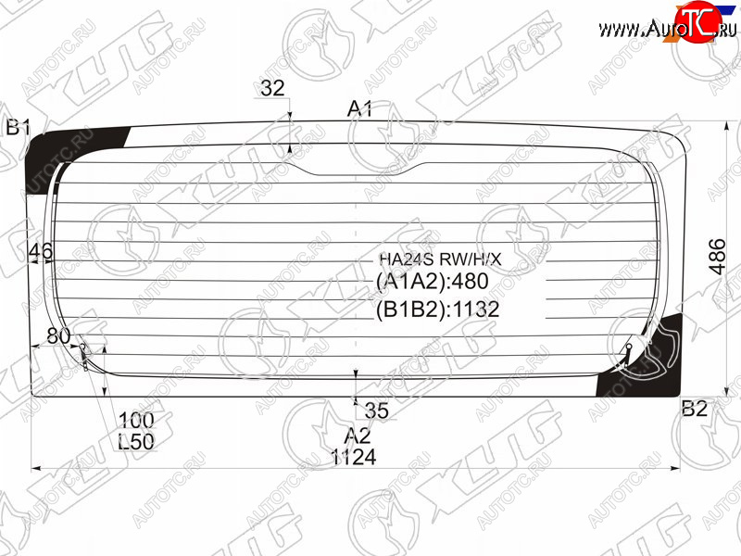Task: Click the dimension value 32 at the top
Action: pos(272,88)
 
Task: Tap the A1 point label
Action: pos(359,109)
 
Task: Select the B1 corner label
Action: pos(18,127)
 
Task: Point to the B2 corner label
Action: pos(694,409)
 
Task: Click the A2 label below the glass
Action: pos(358,436)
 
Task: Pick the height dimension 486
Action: pos(717,257)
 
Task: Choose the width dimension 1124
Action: pos(354,457)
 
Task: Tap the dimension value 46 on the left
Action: pos(41,251)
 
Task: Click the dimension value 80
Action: pos(58,335)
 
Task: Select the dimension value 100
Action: pos(136,420)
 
